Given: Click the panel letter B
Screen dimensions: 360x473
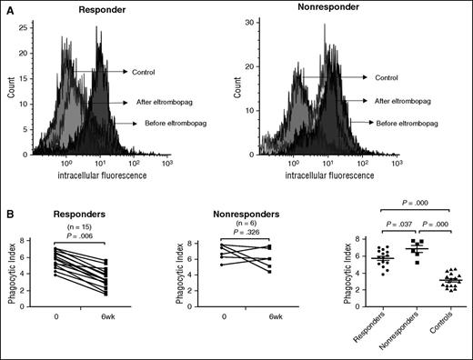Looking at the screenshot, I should coord(7,210).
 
